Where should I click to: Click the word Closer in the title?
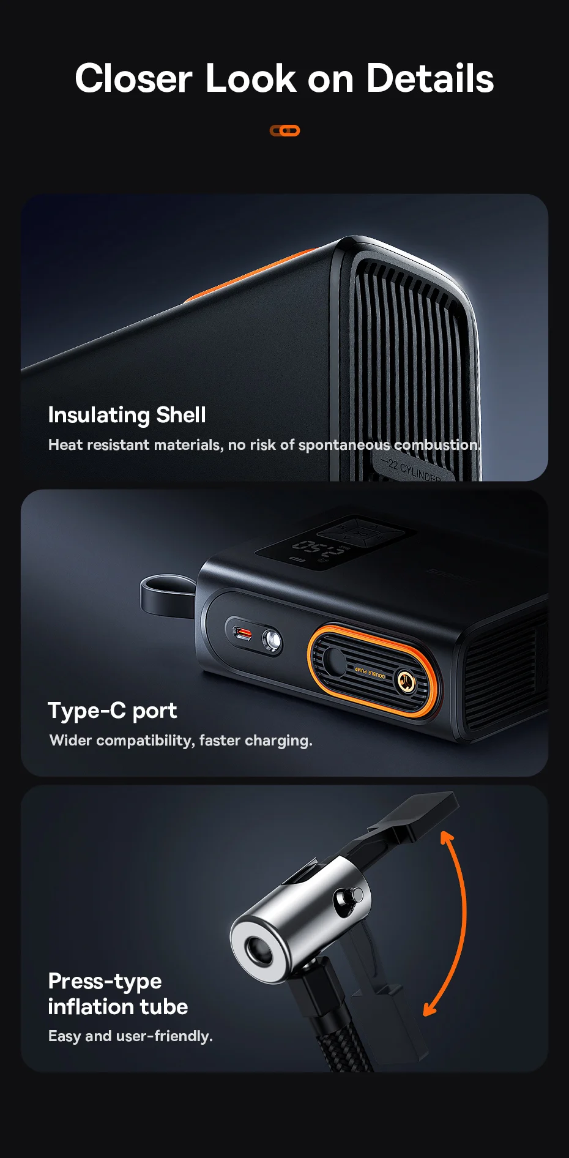[x=133, y=79]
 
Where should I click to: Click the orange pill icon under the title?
[x=284, y=130]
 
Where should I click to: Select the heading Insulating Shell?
[x=127, y=415]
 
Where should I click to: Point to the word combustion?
[x=436, y=445]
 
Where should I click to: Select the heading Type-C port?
[x=112, y=711]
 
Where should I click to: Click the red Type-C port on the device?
[x=244, y=633]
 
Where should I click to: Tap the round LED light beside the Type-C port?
[x=272, y=641]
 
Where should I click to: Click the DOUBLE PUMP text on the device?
[x=370, y=672]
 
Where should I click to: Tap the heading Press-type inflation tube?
[x=117, y=994]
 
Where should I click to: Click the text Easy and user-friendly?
[x=130, y=1036]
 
